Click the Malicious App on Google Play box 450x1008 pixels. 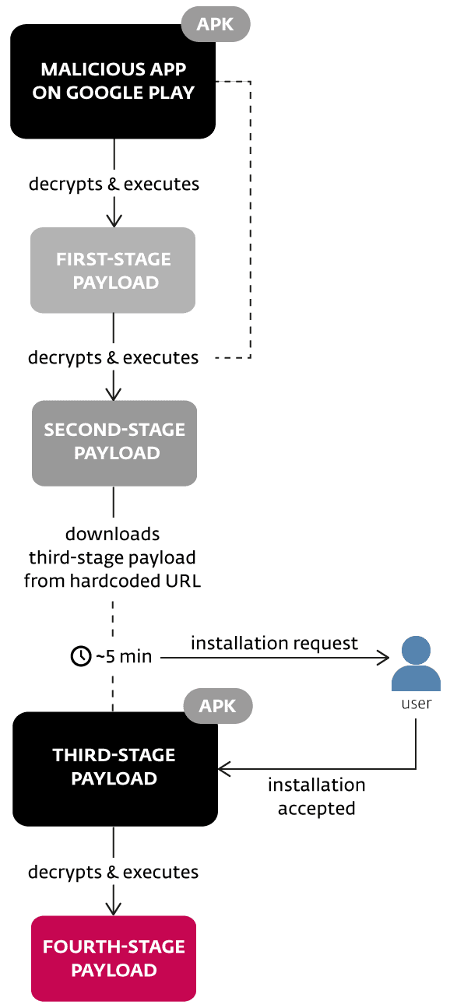[113, 82]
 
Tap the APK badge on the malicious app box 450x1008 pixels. [216, 24]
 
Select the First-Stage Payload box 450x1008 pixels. [113, 270]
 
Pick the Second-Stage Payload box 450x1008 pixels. [114, 443]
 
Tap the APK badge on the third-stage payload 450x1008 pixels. [218, 706]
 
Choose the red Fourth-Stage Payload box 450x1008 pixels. [114, 958]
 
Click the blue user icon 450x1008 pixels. [416, 663]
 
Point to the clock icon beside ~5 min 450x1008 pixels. [81, 656]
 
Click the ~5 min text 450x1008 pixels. [124, 656]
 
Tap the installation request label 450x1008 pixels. [275, 644]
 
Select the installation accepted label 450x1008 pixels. [316, 796]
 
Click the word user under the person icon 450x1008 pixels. [417, 704]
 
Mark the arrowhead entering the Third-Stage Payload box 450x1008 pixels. [223, 769]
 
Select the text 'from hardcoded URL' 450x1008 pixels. [112, 581]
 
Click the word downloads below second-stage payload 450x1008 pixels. [112, 534]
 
